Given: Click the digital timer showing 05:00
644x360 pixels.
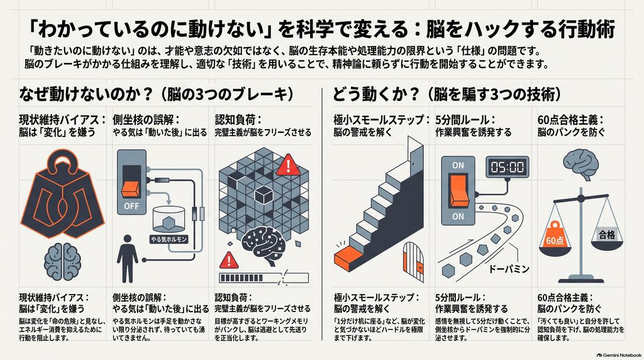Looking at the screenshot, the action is point(508,167).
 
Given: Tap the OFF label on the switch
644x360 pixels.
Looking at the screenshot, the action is point(131,206).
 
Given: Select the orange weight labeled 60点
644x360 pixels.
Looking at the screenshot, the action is point(555,237).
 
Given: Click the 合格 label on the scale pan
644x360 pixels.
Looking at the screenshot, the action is point(607,235).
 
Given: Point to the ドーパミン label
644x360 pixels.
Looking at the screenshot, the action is point(509,269).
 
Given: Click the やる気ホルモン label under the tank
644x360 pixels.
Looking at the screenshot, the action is point(169,239).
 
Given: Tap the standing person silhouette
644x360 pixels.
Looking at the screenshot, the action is point(127,259).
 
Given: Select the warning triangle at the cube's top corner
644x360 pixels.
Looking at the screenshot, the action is point(288,165).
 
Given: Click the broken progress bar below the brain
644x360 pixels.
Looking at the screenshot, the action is point(264,278).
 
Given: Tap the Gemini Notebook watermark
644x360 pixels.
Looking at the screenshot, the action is point(619,355).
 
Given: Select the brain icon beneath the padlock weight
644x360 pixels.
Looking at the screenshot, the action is point(62,262).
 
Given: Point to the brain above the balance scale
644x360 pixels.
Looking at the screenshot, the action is point(581,164).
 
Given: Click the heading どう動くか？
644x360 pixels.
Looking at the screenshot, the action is point(375,94).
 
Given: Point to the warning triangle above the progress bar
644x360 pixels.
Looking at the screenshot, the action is point(229,261).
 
